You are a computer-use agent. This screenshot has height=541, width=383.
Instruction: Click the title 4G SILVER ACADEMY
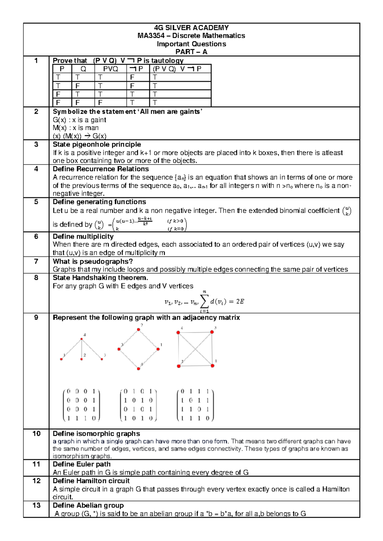click(x=191, y=28)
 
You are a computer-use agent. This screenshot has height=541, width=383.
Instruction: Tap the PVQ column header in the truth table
click(x=110, y=69)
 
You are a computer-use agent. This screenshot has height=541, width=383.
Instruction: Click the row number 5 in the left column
click(x=36, y=202)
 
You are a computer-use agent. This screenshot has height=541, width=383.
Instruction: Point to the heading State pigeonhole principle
click(x=97, y=145)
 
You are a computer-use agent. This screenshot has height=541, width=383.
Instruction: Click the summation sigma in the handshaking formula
click(x=204, y=301)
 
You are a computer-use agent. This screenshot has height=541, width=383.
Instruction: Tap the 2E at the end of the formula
click(x=240, y=301)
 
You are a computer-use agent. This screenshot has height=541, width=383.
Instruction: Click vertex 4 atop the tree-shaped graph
click(x=82, y=339)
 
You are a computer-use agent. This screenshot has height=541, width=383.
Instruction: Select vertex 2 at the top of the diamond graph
click(x=139, y=330)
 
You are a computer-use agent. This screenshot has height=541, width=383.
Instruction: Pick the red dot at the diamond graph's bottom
click(x=139, y=369)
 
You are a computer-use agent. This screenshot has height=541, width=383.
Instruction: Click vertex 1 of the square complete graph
click(x=213, y=366)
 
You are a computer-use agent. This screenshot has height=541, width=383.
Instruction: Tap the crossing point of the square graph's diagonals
click(x=195, y=349)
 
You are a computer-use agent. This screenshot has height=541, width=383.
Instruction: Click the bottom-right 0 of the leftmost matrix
click(x=94, y=418)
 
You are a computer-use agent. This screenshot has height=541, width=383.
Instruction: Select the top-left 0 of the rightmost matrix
click(x=182, y=391)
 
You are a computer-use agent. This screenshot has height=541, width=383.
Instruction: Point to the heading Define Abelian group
click(x=88, y=506)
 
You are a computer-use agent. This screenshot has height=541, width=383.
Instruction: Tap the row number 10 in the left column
click(x=36, y=434)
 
